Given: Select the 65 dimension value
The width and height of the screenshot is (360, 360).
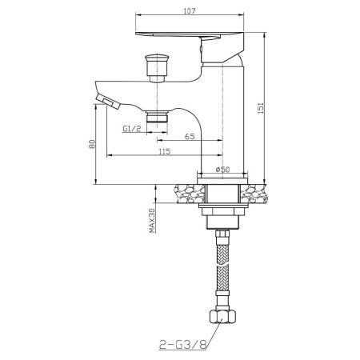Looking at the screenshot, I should tap(190, 138).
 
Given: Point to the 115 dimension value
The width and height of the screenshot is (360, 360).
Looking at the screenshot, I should tap(164, 152).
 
